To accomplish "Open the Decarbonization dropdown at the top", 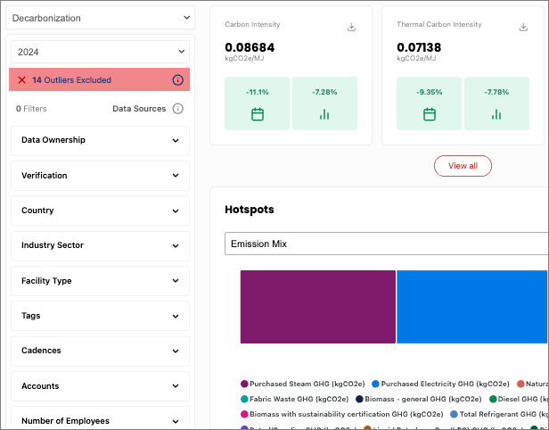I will pos(100,18).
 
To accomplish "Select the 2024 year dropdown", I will pos(100,52).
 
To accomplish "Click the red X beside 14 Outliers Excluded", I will pos(22,80).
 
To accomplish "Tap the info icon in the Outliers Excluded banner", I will pos(177,80).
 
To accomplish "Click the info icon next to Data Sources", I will pos(177,109).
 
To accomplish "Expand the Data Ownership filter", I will pos(100,140).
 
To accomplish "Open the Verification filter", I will pos(100,176).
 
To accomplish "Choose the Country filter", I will pos(100,211).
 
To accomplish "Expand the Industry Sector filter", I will pos(100,245).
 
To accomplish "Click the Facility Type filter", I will pos(100,281).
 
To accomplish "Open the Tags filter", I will pos(100,316).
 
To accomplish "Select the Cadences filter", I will pos(100,351).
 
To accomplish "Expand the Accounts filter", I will pos(100,386).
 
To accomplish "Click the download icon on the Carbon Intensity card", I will pos(351,27).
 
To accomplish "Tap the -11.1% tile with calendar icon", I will pos(258,103).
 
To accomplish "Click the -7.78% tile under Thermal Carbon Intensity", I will pos(496,103).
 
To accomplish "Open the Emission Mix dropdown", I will pos(386,244).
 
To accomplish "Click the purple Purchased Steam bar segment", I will pos(317,307).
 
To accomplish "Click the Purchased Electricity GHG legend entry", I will pos(440,384).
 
